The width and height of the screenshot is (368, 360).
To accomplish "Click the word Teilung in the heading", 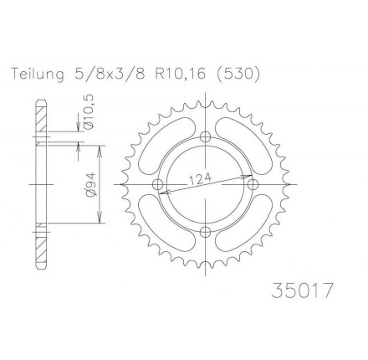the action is tap(38, 75).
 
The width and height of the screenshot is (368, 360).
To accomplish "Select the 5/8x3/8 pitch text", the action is tap(110, 75).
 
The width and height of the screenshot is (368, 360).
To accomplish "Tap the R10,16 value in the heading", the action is tap(180, 75).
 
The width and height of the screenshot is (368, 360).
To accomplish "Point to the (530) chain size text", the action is tap(238, 75).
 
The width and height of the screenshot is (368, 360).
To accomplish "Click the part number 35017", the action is tap(302, 291).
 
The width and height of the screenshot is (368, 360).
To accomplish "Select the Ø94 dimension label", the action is tap(92, 185).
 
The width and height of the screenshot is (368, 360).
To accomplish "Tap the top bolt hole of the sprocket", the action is tap(206, 136).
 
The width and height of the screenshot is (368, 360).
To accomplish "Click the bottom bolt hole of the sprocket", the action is tap(206, 231).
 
